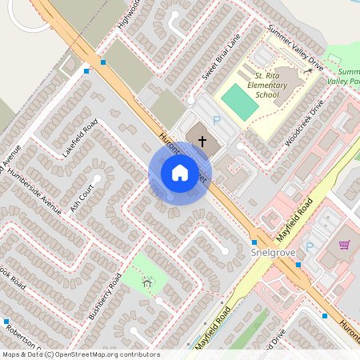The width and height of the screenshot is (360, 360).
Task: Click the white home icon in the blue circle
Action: click(x=180, y=172)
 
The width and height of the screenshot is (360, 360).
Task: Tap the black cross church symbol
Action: click(x=202, y=141)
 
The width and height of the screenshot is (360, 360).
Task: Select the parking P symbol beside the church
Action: click(x=216, y=121)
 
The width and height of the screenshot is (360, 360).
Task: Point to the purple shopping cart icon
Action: click(x=345, y=244)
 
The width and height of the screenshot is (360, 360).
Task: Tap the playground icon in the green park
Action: click(x=146, y=282)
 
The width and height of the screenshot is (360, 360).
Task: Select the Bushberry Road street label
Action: click(x=105, y=296)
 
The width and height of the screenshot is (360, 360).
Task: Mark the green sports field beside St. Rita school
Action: click(x=234, y=101)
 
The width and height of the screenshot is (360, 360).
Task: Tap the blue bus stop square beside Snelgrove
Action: click(x=254, y=242)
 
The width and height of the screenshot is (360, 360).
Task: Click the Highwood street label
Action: click(x=128, y=14)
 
